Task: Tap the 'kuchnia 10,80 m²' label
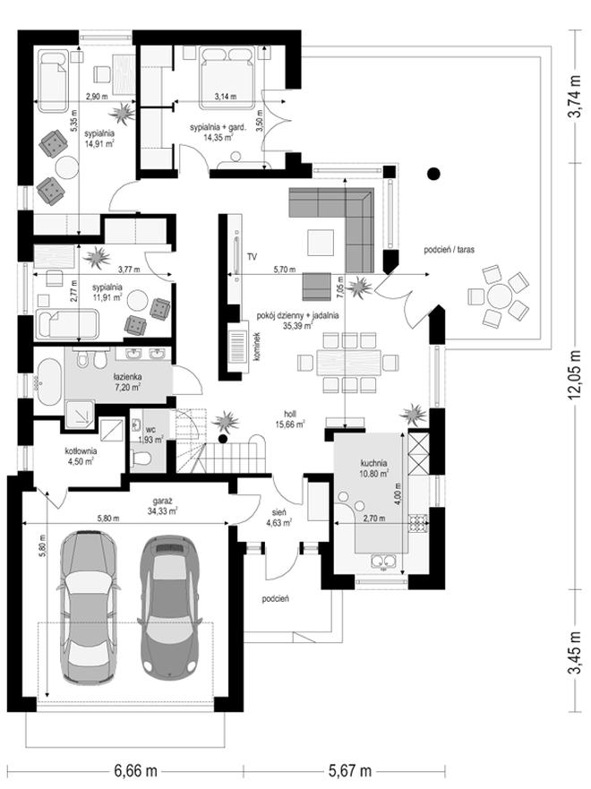click(x=373, y=468)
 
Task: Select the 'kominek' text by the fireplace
click(x=256, y=347)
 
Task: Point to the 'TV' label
click(x=252, y=257)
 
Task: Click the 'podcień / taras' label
click(x=450, y=249)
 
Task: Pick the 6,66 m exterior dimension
click(x=136, y=770)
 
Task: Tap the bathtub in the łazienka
click(x=48, y=382)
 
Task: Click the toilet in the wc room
click(x=141, y=458)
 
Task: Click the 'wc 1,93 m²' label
click(x=152, y=434)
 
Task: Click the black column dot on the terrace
click(x=433, y=174)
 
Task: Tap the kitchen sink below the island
click(x=383, y=561)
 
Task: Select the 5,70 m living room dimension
click(x=284, y=270)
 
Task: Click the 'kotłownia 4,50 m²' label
click(x=81, y=456)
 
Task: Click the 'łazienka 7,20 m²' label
click(x=127, y=382)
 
